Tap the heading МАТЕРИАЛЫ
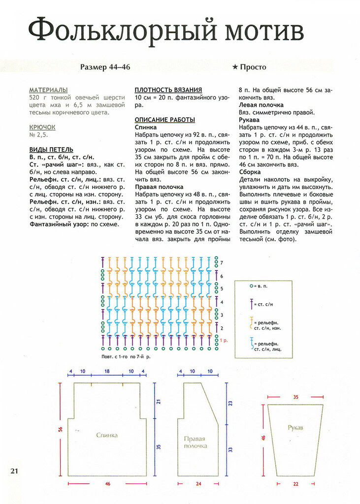pyautogui.click(x=48, y=90)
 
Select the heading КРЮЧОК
pyautogui.click(x=42, y=127)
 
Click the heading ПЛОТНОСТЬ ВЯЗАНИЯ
pyautogui.click(x=168, y=90)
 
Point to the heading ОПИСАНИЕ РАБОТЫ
pyautogui.click(x=165, y=120)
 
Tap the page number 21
pyautogui.click(x=14, y=471)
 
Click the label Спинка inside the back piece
pyautogui.click(x=107, y=435)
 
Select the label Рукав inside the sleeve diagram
pyautogui.click(x=295, y=428)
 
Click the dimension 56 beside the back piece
pyautogui.click(x=61, y=429)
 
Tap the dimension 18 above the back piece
pyautogui.click(x=107, y=372)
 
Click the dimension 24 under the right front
pyautogui.click(x=199, y=484)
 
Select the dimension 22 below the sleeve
pyautogui.click(x=295, y=484)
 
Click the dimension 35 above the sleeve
pyautogui.click(x=295, y=396)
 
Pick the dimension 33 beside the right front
pyautogui.click(x=230, y=449)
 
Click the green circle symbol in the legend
pyautogui.click(x=251, y=285)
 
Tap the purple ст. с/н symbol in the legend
pyautogui.click(x=251, y=304)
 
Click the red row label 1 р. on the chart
pyautogui.click(x=224, y=340)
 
